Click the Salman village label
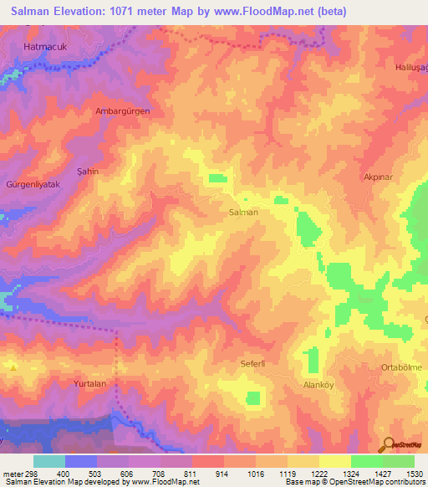coord(243,213)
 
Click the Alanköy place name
coord(318,385)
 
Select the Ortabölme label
coord(401,367)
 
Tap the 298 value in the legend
coord(26,474)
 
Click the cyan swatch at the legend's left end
coord(49,461)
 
